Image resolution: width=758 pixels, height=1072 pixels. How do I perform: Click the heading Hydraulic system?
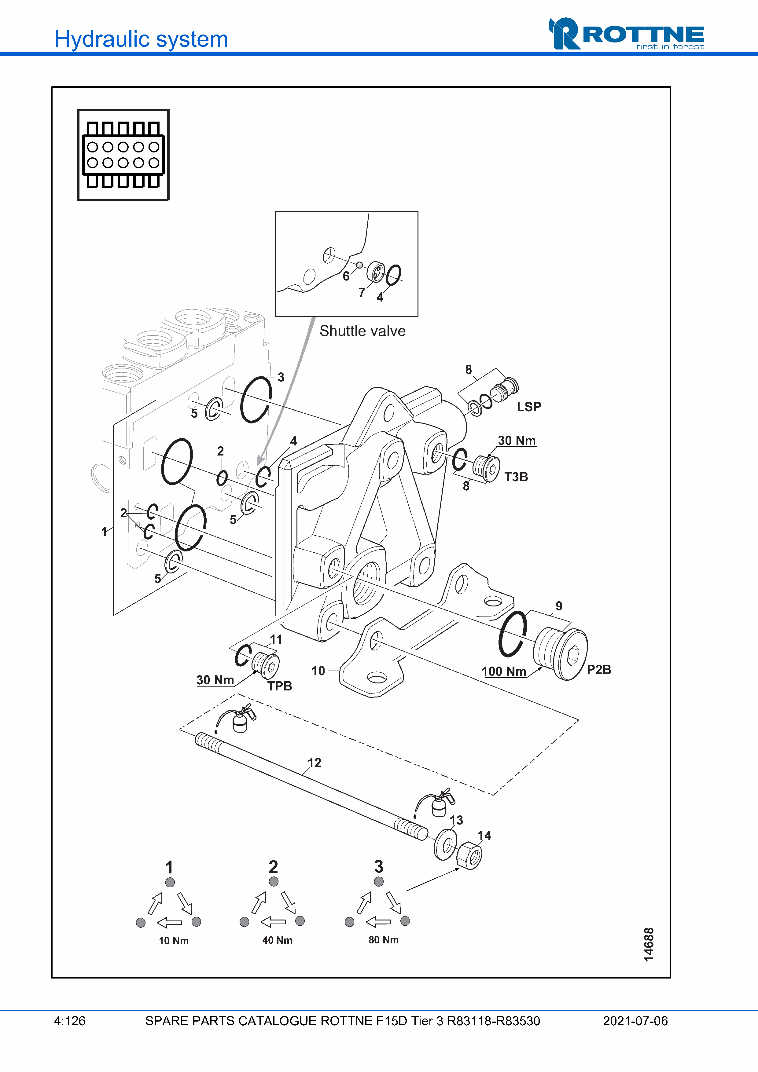(x=141, y=39)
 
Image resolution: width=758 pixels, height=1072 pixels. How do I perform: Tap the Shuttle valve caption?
(x=362, y=331)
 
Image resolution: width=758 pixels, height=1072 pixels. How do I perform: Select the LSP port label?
(x=529, y=407)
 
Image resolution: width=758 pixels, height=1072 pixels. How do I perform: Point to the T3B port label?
(x=516, y=477)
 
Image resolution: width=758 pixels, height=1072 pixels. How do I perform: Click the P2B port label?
(x=599, y=670)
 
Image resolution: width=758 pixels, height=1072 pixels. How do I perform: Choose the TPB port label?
(x=280, y=686)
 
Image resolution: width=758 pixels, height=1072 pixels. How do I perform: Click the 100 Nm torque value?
(x=504, y=671)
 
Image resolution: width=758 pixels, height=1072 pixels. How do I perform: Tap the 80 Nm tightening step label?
(x=384, y=940)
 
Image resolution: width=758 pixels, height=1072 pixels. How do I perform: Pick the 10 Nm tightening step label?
(x=174, y=941)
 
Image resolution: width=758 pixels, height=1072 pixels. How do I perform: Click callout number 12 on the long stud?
(x=314, y=763)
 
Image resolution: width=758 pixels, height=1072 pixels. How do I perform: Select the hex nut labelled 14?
(x=469, y=856)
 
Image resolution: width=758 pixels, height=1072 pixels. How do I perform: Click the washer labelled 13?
(x=446, y=845)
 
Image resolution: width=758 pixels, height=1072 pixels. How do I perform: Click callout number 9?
(x=559, y=606)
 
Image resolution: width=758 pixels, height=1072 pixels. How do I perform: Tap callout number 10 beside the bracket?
(x=318, y=671)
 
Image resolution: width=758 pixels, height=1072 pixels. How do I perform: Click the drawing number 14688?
(x=649, y=945)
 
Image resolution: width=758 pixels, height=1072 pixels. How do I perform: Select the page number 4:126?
(x=70, y=1021)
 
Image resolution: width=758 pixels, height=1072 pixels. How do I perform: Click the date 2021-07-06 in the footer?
(x=635, y=1021)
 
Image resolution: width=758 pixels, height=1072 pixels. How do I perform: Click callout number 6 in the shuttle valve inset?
(x=346, y=276)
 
